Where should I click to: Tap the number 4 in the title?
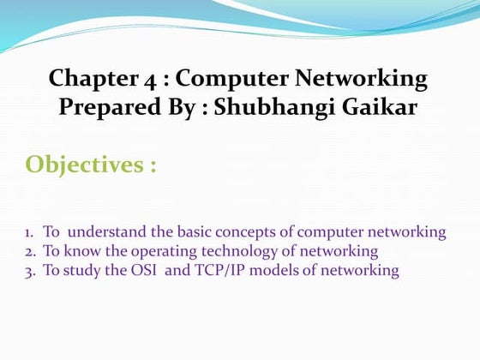click(x=141, y=80)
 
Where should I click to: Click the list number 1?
click(x=28, y=232)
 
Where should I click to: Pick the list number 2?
click(x=28, y=251)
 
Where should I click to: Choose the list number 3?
click(x=28, y=271)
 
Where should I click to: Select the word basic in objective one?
click(x=194, y=232)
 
